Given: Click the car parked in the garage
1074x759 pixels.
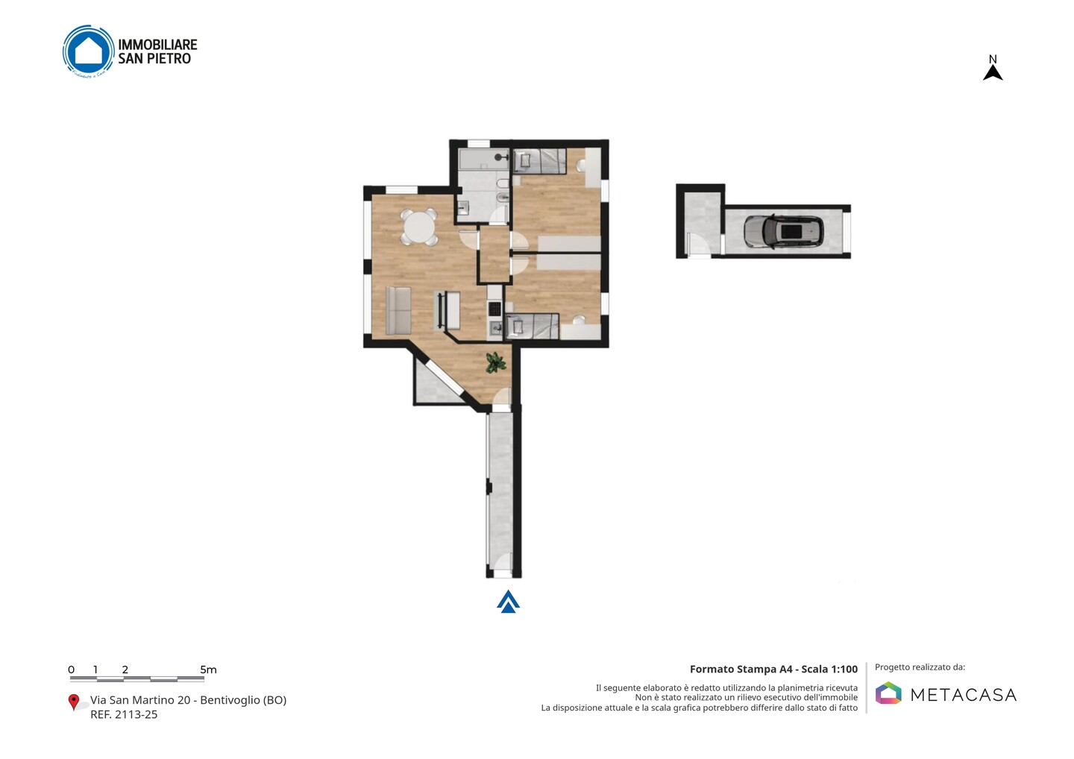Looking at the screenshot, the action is pos(783,231).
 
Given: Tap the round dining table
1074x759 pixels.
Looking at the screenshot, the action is pos(419,227).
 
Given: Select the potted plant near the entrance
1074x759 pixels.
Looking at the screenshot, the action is pos(495,362).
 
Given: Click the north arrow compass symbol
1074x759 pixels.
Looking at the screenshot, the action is pos(993,73).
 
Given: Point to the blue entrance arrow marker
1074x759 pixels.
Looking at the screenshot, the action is pos(508,602).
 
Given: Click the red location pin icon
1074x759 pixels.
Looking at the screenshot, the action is pos(73,702).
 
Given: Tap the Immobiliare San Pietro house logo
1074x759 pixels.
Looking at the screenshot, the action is pos(88,51).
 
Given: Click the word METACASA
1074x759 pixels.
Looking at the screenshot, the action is pos(964,696).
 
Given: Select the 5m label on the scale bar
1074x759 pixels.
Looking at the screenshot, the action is pos(208,670).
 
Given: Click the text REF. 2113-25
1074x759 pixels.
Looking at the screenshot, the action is pos(124,714).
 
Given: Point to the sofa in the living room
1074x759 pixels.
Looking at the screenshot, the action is pos(398,310).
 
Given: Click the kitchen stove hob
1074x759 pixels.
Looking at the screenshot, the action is pos(494,309).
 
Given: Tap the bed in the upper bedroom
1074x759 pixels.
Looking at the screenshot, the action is pos(539,161).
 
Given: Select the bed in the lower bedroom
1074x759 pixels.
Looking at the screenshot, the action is pos(533,327).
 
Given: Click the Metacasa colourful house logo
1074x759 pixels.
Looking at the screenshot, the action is pos(888,693).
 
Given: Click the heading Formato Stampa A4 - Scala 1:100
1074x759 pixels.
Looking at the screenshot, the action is pos(773,669).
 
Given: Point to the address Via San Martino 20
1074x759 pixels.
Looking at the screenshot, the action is pos(140,700).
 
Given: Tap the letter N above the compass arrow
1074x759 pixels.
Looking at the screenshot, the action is pos(993,59).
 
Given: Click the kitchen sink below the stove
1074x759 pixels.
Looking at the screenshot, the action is pos(495,329).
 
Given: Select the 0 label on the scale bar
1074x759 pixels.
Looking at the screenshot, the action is pos(72,670).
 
